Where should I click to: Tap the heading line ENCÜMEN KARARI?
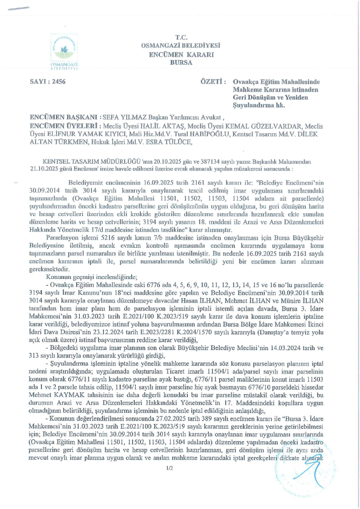180,54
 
